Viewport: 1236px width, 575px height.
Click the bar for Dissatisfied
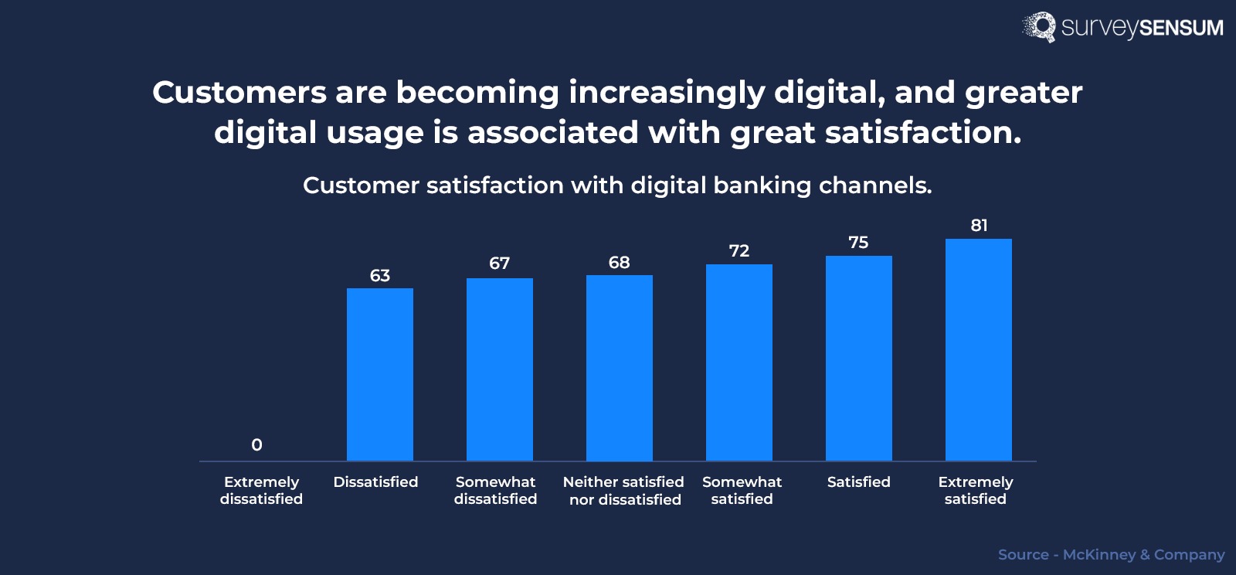(379, 375)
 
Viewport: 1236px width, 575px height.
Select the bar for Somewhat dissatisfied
(499, 369)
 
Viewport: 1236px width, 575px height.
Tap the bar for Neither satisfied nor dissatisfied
(619, 368)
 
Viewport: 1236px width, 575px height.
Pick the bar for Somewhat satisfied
(739, 362)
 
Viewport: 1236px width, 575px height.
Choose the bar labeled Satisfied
(858, 359)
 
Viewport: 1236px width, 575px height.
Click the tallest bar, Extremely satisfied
(978, 350)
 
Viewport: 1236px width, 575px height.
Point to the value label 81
(979, 226)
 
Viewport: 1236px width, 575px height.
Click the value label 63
(379, 276)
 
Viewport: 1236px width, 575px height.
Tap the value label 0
(256, 445)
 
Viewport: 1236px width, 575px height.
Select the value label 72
(739, 251)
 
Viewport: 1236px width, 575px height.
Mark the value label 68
(619, 263)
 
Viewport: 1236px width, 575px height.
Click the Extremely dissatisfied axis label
(261, 490)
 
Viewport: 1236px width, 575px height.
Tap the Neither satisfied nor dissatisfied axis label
(623, 491)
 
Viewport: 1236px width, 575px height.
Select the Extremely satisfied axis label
(975, 490)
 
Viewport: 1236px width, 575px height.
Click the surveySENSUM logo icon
(1039, 27)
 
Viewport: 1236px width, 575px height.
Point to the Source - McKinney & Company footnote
(1111, 555)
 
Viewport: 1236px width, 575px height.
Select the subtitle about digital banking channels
(617, 185)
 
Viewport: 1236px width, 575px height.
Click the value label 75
(858, 243)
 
